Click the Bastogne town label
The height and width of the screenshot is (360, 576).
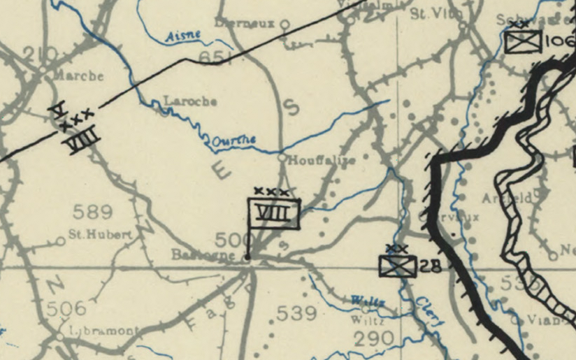203,255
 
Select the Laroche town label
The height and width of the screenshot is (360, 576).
189,101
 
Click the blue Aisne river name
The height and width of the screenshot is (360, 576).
183,36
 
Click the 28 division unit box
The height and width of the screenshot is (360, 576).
398,266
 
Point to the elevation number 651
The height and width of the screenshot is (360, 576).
215,58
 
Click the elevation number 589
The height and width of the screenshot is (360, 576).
92,211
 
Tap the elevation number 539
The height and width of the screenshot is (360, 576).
297,313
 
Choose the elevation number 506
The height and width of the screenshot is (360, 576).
67,308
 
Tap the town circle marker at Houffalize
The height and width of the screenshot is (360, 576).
282,159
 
